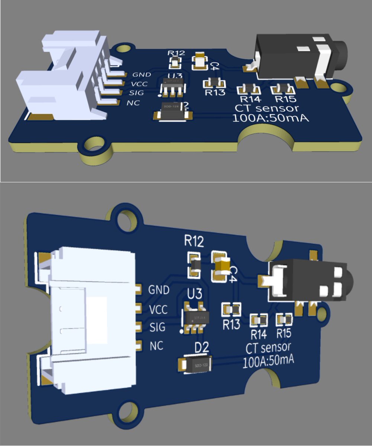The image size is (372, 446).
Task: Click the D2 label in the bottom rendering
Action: [202, 348]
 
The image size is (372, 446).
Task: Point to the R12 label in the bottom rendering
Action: [194, 242]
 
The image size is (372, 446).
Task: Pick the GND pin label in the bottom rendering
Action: [159, 289]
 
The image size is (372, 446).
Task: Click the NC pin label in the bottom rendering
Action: [156, 346]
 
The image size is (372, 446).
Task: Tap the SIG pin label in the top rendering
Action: [136, 93]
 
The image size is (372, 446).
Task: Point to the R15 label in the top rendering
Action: [285, 99]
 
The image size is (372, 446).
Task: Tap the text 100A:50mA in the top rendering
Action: [271, 119]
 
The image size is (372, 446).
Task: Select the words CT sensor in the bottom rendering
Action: [268, 348]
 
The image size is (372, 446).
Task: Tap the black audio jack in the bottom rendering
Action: [308, 279]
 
